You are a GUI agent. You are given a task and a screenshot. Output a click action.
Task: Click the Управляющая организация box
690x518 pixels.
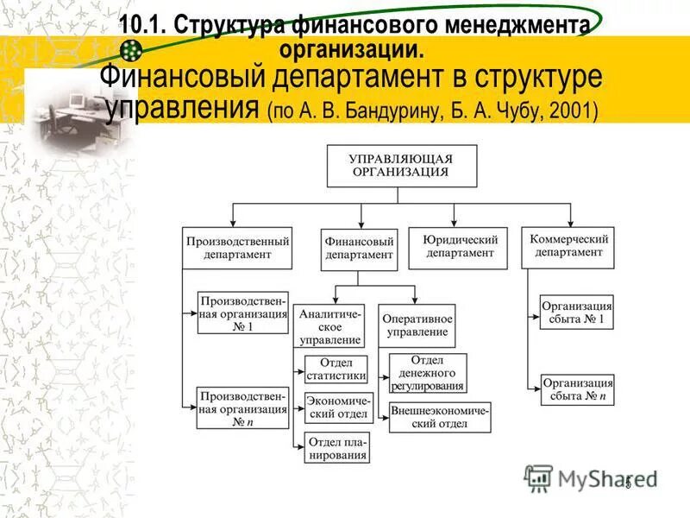[x=400, y=165]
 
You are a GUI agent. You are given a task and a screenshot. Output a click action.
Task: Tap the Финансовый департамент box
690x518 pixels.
[x=359, y=248]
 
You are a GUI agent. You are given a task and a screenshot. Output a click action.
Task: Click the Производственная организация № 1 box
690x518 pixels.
[x=243, y=313]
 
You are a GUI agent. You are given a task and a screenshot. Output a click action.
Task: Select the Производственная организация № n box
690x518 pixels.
[x=243, y=408]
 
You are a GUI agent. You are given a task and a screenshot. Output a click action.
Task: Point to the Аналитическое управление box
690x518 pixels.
[x=330, y=325]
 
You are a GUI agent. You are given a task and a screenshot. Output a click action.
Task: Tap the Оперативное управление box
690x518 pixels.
[x=417, y=325]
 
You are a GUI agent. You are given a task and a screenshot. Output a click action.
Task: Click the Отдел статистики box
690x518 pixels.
[x=336, y=369]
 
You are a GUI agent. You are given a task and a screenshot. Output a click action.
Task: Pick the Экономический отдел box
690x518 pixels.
[x=336, y=407]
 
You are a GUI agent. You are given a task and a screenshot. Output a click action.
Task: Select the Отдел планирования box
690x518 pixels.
[x=336, y=447]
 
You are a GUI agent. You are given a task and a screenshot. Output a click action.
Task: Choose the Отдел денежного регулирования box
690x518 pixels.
[x=427, y=373]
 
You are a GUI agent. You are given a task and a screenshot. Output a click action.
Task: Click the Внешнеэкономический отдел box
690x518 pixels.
[x=440, y=417]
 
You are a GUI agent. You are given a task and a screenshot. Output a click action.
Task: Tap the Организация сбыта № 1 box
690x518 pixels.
[x=577, y=313]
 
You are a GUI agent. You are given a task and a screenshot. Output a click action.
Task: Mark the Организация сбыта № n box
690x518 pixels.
[x=577, y=389]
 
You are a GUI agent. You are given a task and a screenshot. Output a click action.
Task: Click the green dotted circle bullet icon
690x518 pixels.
[x=131, y=50]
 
